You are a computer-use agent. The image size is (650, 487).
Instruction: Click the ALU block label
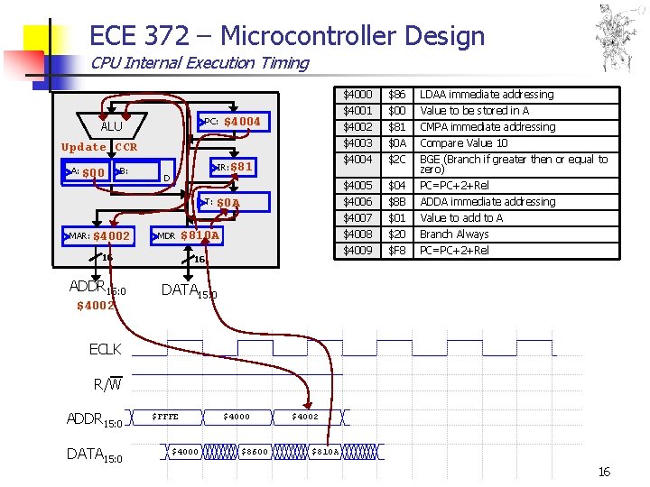[x=111, y=126]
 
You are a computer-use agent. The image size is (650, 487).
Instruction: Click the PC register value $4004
[x=242, y=122]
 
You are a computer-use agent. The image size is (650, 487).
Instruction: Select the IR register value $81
[x=242, y=167]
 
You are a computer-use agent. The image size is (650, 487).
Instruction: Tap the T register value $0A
[x=228, y=203]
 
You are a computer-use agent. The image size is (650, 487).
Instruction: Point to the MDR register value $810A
[x=200, y=236]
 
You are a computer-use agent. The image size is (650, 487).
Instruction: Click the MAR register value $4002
[x=112, y=236]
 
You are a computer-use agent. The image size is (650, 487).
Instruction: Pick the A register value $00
[x=94, y=172]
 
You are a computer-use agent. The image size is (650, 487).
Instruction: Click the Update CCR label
[x=99, y=147]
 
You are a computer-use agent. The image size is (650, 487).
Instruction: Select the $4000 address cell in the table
[x=357, y=95]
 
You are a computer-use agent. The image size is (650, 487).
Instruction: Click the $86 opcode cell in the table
[x=396, y=95]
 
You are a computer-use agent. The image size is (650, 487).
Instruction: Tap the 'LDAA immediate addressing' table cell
[x=487, y=95]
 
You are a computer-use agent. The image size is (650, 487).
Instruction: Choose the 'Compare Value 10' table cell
[x=464, y=143]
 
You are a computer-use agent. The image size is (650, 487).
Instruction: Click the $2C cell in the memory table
[x=396, y=160]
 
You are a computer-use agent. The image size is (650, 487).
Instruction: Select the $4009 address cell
[x=357, y=250]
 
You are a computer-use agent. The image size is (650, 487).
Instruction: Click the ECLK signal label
[x=106, y=349]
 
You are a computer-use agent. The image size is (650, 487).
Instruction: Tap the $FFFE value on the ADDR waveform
[x=165, y=417]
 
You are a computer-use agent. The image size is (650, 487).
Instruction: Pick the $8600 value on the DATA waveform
[x=255, y=451]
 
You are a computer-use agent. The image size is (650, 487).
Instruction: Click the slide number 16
[x=604, y=473]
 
